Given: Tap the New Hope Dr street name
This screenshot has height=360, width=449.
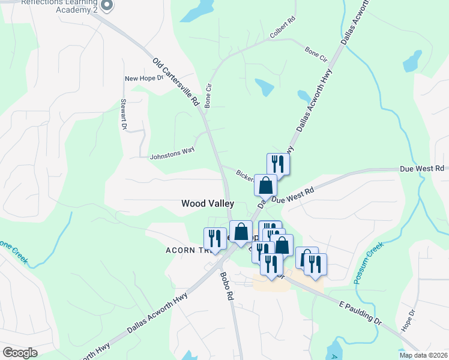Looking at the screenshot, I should [143, 78].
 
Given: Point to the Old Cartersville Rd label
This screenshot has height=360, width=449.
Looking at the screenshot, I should [175, 82].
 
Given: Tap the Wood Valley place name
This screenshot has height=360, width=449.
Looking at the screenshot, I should [208, 204].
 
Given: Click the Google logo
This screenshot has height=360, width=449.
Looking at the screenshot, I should [20, 353].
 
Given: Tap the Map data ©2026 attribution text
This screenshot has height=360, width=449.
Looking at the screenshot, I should [424, 355].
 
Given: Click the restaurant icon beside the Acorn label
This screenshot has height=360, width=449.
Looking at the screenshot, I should [214, 238].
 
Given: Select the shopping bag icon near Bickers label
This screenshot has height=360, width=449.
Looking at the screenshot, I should [265, 185].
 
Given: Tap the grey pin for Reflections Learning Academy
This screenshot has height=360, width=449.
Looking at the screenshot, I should [107, 5].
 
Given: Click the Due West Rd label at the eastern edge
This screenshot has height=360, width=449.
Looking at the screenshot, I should [422, 169].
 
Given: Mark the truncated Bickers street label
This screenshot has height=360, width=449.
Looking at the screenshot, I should [246, 176].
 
